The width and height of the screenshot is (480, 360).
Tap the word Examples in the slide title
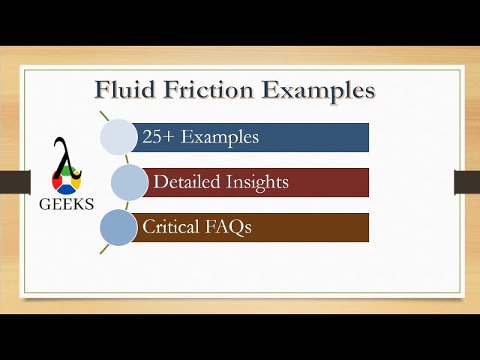(318, 90)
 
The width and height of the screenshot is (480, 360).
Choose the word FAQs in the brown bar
(227, 227)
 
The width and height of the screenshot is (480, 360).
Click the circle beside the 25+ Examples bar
(118, 137)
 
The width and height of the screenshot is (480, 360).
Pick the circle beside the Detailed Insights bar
(129, 182)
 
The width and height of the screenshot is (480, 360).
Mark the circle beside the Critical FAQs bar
(118, 227)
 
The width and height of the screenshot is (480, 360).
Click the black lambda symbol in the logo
(65, 157)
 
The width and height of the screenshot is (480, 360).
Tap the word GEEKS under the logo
(67, 205)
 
